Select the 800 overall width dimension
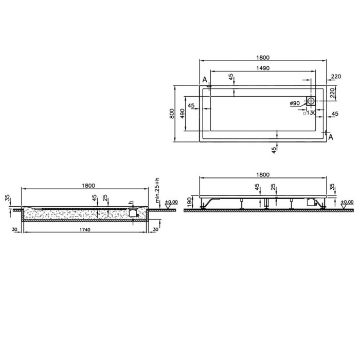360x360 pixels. click(x=172, y=113)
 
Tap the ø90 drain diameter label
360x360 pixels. click(x=295, y=103)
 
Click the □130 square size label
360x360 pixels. click(x=309, y=113)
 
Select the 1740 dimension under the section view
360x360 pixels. click(x=85, y=229)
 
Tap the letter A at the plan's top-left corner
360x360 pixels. click(x=205, y=80)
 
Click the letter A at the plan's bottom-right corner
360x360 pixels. click(x=330, y=137)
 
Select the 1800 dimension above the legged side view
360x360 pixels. click(x=262, y=175)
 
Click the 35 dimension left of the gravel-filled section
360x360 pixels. click(x=7, y=198)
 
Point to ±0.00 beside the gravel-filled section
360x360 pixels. click(x=171, y=202)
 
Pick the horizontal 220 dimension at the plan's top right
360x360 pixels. click(x=336, y=77)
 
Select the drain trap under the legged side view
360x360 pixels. click(x=310, y=203)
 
